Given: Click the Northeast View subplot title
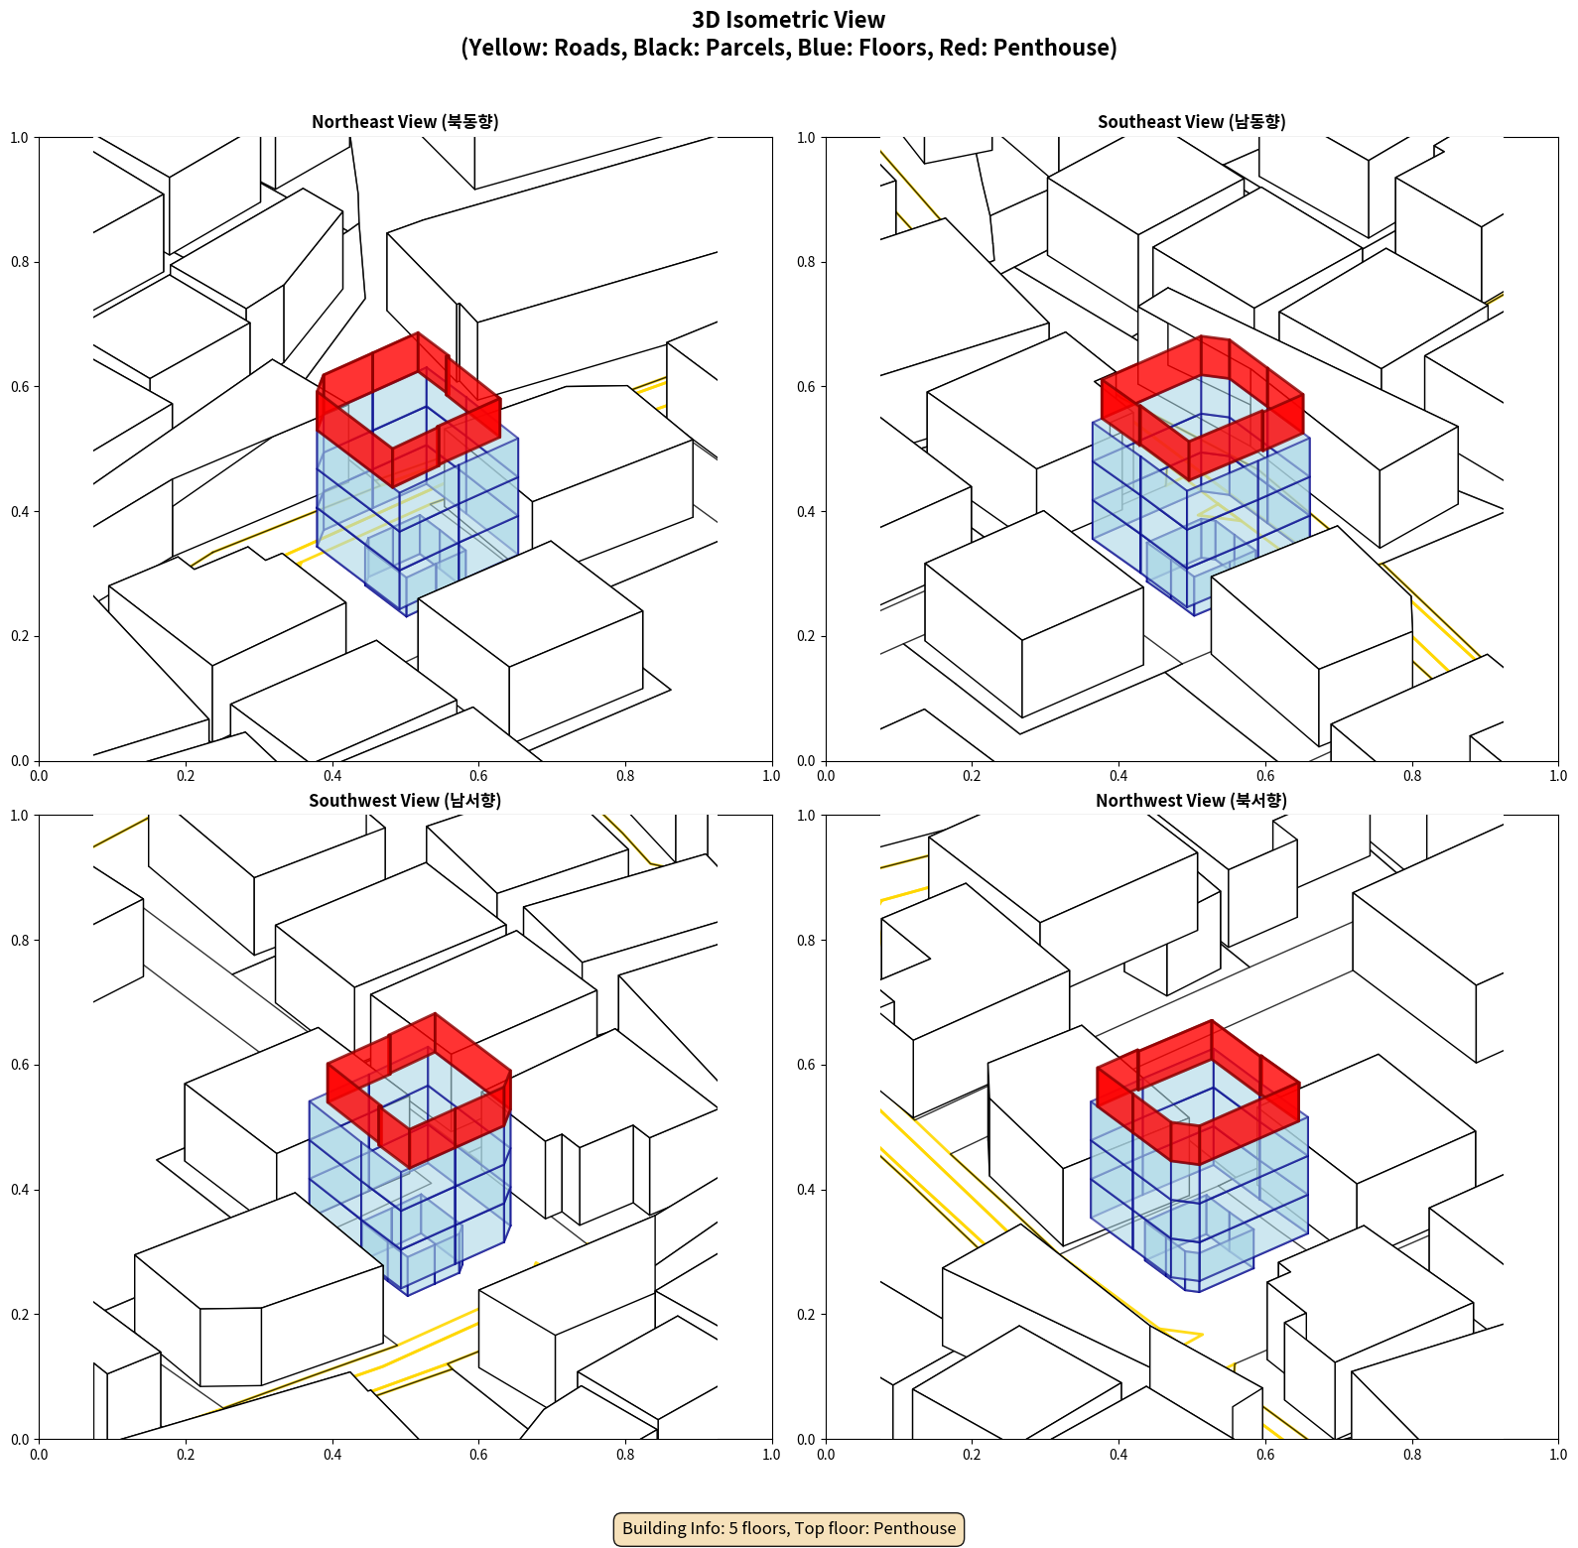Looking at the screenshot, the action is pyautogui.click(x=405, y=121).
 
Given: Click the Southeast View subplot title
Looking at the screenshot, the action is pyautogui.click(x=1191, y=121).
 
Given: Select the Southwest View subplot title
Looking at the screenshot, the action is pyautogui.click(x=405, y=800).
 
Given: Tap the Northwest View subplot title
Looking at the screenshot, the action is pyautogui.click(x=1191, y=800).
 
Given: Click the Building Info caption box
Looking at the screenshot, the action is pyautogui.click(x=789, y=1528).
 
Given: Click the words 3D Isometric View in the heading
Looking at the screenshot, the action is pyautogui.click(x=789, y=20).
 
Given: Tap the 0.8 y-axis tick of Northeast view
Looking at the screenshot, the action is pyautogui.click(x=20, y=262).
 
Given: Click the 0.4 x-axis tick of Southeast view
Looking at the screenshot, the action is pyautogui.click(x=1118, y=776).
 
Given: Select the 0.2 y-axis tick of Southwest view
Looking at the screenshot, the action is pyautogui.click(x=20, y=1314).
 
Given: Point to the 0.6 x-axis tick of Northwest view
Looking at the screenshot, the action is pyautogui.click(x=1265, y=1455).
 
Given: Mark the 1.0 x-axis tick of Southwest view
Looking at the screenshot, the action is pyautogui.click(x=771, y=1455).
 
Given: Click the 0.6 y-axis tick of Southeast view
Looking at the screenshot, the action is pyautogui.click(x=806, y=386).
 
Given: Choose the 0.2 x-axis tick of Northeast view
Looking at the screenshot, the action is pyautogui.click(x=186, y=776).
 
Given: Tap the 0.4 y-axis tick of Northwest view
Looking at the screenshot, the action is pyautogui.click(x=806, y=1189).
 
